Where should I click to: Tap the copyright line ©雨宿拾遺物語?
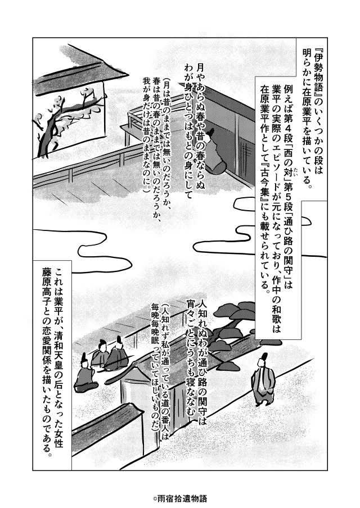(x=179, y=498)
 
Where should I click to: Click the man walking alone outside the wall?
(x=263, y=380)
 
